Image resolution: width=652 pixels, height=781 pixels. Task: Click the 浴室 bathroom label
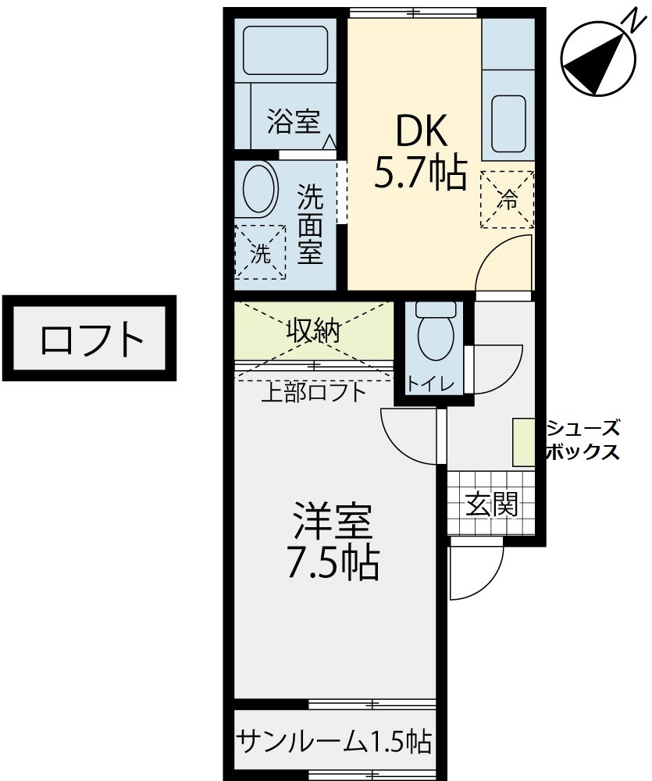click(294, 121)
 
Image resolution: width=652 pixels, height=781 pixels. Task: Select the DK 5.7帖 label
click(421, 152)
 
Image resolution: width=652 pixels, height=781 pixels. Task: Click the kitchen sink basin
click(508, 124)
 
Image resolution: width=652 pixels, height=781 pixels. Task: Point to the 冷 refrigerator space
click(507, 200)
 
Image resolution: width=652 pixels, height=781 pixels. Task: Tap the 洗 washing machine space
click(260, 252)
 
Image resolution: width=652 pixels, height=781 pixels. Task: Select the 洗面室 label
click(310, 224)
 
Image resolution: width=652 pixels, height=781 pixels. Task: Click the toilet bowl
click(436, 334)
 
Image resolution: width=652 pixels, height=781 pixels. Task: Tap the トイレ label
click(431, 383)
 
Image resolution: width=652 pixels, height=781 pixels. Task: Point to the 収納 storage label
click(313, 330)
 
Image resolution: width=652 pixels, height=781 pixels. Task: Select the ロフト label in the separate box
click(92, 338)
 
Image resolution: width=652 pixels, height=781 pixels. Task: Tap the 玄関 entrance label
click(492, 505)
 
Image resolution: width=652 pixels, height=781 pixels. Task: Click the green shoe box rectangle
click(524, 443)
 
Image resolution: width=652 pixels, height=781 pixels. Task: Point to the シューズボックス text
click(583, 440)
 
